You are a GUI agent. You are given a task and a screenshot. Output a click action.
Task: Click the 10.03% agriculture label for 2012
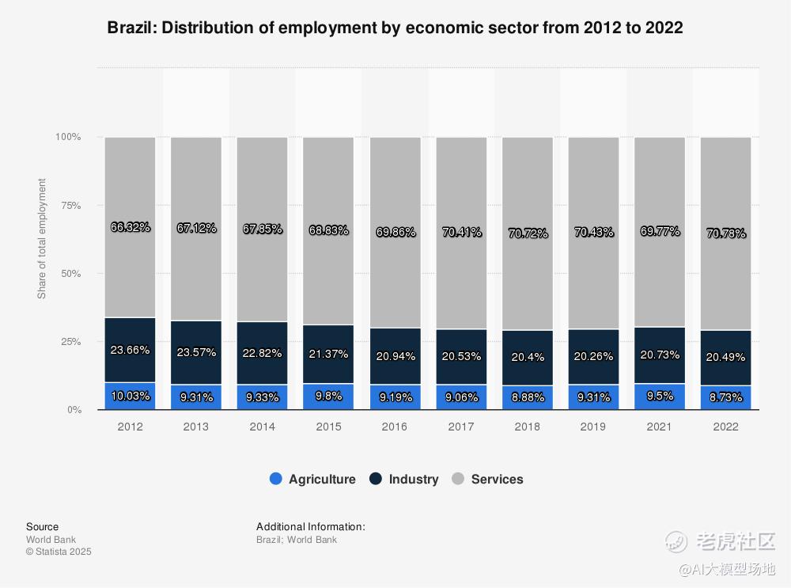coord(130,396)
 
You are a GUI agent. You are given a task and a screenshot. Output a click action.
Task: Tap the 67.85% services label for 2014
coord(262,229)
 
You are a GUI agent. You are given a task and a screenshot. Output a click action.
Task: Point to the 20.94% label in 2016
coord(395,355)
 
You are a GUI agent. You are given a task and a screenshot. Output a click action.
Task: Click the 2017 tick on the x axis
coord(460,427)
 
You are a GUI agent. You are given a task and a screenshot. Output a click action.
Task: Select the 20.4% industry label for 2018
coord(527,357)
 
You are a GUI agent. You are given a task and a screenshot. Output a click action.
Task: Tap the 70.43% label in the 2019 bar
coord(593,232)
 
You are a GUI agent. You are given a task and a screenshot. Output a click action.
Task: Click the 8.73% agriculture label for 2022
coord(725,398)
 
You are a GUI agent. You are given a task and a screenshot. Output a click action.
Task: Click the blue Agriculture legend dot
coord(276,479)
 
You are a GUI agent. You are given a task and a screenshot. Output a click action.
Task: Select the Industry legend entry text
coord(413,479)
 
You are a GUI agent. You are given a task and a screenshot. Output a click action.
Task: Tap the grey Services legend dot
coord(458,479)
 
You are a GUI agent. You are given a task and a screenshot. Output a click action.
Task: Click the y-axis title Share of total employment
coord(42,239)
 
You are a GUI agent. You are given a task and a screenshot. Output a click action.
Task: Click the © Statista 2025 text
coord(59,552)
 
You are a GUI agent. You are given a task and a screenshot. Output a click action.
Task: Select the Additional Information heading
coord(311,526)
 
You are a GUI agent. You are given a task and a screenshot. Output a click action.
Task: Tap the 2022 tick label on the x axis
coord(725,427)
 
